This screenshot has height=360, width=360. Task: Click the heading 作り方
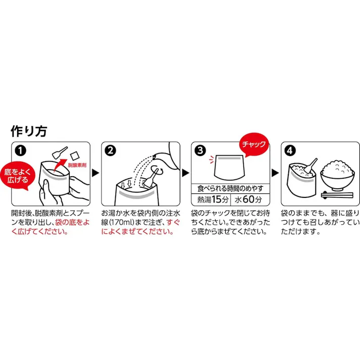(x=29, y=131)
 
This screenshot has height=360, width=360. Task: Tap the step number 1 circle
(x=19, y=150)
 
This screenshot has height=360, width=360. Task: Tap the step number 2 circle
(x=110, y=150)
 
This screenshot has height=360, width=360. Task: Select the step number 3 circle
(x=200, y=150)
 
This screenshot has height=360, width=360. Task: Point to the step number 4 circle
(x=290, y=150)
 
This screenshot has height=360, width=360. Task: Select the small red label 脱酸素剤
(x=77, y=165)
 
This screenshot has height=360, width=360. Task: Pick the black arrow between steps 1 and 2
(x=95, y=173)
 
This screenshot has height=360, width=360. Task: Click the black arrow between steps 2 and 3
(x=185, y=173)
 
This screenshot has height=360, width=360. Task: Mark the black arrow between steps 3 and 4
(x=275, y=173)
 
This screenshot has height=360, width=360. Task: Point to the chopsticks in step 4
(x=337, y=193)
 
